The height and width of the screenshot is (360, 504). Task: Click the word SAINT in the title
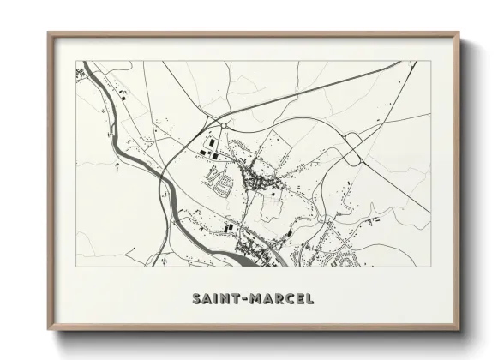tap(216, 299)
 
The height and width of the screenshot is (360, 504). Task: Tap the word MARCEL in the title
tap(282, 299)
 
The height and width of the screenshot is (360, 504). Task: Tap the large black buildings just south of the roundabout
tap(207, 148)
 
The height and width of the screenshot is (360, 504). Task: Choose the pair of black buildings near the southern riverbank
tap(229, 227)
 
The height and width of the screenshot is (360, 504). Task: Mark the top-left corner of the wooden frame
tap(49, 34)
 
